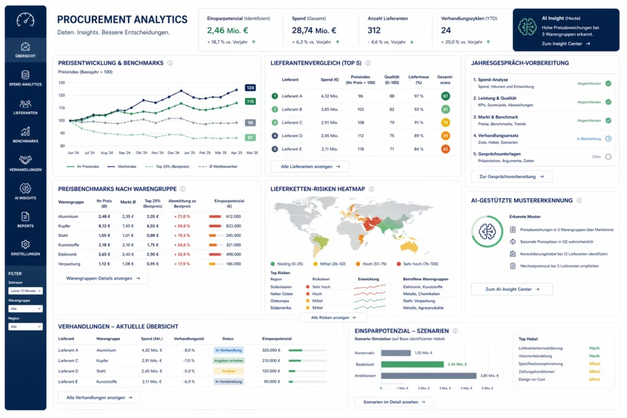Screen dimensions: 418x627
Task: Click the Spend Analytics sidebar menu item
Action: pyautogui.click(x=25, y=78)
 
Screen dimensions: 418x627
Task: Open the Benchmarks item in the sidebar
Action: pyautogui.click(x=25, y=134)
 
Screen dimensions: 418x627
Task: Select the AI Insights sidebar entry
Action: pyautogui.click(x=25, y=191)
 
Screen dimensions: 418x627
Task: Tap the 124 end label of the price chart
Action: pyautogui.click(x=250, y=88)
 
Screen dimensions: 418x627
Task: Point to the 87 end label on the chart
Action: pyautogui.click(x=250, y=138)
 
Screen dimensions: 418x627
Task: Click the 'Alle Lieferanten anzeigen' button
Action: pyautogui.click(x=310, y=166)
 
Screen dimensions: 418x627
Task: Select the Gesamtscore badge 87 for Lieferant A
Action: pyautogui.click(x=445, y=96)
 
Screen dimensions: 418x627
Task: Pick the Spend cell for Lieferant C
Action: pyautogui.click(x=329, y=122)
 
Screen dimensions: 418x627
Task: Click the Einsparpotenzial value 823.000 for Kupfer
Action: pyautogui.click(x=233, y=226)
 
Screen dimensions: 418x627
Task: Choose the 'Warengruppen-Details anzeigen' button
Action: pyautogui.click(x=103, y=278)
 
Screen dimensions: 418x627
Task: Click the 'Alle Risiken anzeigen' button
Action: pyautogui.click(x=333, y=318)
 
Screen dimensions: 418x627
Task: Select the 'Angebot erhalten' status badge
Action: pyautogui.click(x=228, y=360)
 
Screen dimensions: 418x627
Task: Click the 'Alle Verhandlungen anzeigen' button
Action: pyautogui.click(x=99, y=397)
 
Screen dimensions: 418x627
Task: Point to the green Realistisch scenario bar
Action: pyautogui.click(x=412, y=364)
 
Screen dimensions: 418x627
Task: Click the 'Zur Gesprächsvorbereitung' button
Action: pyautogui.click(x=511, y=176)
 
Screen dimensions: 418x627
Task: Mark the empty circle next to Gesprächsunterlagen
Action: pyautogui.click(x=608, y=157)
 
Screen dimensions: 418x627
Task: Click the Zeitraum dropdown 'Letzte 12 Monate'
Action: pyautogui.click(x=25, y=291)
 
